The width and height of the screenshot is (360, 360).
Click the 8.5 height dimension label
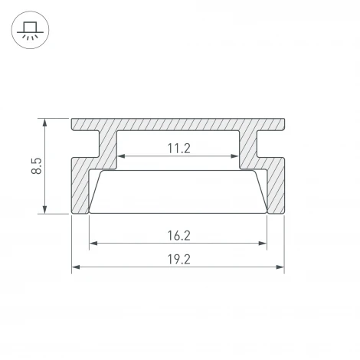pos(36,166)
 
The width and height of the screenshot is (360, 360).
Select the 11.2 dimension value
pos(178,149)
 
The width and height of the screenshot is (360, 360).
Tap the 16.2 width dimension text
pos(178,236)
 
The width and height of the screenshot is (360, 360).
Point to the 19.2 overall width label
pos(178,260)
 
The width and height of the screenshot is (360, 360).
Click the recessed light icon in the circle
pos(30,31)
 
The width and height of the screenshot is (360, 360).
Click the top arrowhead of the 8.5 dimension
pos(45,123)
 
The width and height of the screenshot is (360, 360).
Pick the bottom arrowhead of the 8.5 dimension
pos(45,209)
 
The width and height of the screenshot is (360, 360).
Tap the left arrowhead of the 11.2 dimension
pos(121,156)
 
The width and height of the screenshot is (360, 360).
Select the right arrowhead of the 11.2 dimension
pos(234,156)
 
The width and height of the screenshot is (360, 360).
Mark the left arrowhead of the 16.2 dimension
pos(93,244)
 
